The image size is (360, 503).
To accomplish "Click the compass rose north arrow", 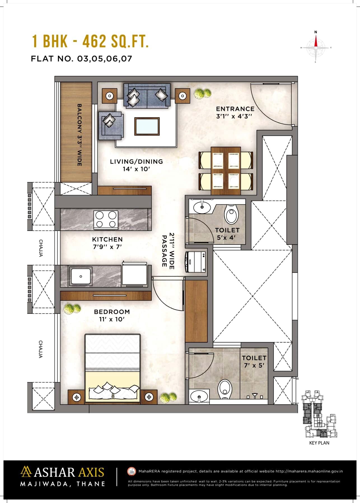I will [x=316, y=42].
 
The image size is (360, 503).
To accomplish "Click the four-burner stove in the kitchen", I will [x=106, y=219].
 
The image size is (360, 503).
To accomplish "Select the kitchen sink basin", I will [x=81, y=276].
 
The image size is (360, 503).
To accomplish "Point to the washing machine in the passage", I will [x=195, y=261].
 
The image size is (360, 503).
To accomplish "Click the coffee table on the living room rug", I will [x=147, y=127].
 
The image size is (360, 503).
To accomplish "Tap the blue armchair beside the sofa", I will [x=110, y=125].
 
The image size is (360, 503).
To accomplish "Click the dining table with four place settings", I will [x=226, y=170].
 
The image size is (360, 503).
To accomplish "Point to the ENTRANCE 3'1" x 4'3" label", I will [x=235, y=112].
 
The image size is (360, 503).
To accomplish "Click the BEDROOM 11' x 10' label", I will [x=112, y=315].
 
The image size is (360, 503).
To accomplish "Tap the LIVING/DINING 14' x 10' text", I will [x=136, y=165].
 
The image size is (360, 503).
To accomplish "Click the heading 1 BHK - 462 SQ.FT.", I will [x=90, y=41].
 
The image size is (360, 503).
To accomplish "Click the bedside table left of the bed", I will [x=76, y=397].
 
